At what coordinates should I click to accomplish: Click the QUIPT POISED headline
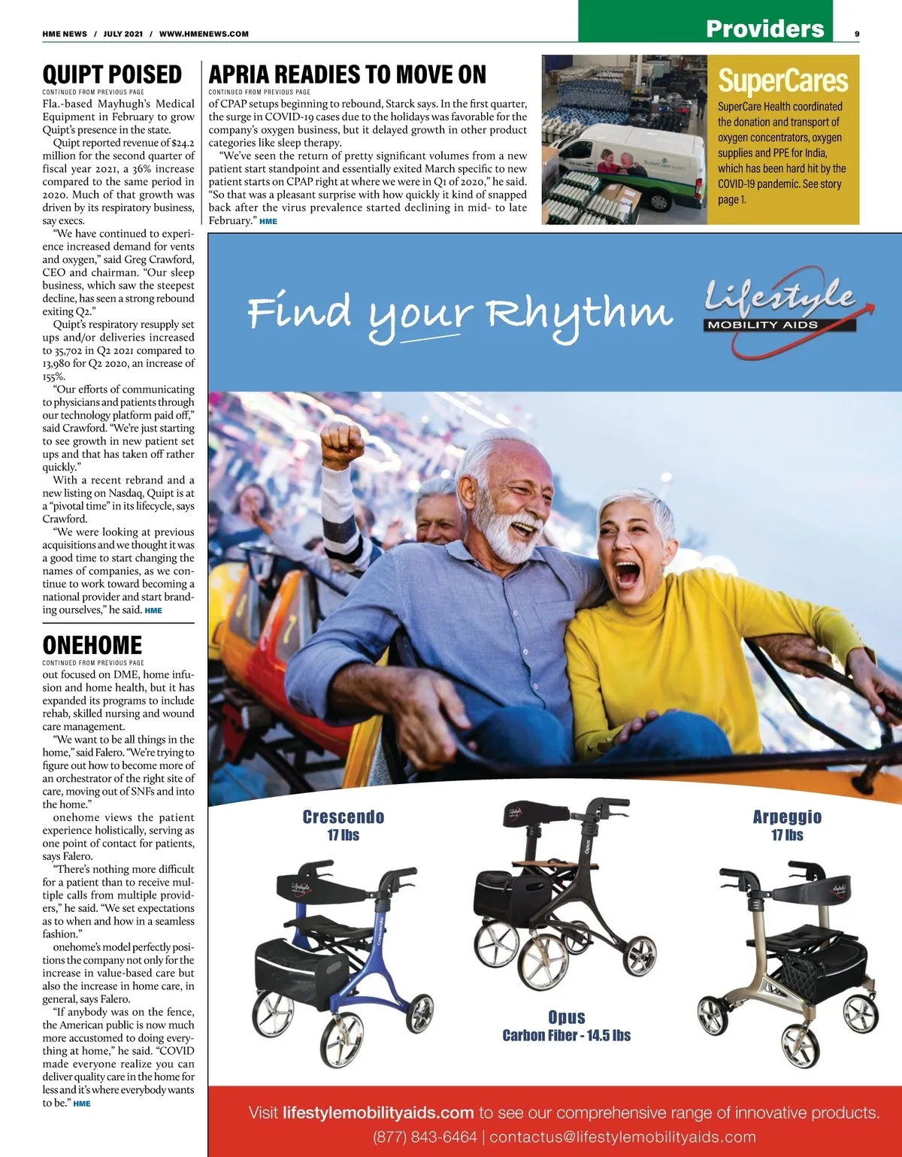pyautogui.click(x=112, y=75)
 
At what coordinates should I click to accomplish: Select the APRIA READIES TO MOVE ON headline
pyautogui.click(x=347, y=75)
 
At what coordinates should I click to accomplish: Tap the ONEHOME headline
pyautogui.click(x=92, y=645)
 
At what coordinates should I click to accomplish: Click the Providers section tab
pyautogui.click(x=764, y=29)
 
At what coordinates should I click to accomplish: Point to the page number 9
pyautogui.click(x=857, y=34)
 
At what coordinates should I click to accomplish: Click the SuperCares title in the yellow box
pyautogui.click(x=782, y=81)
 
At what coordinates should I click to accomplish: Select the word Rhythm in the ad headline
pyautogui.click(x=580, y=312)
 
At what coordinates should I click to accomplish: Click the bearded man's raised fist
pyautogui.click(x=342, y=444)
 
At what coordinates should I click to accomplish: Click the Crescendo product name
pyautogui.click(x=344, y=817)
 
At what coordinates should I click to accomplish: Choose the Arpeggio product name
pyautogui.click(x=787, y=817)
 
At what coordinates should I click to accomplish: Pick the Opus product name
pyautogui.click(x=567, y=1017)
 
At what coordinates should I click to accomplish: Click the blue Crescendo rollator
pyautogui.click(x=342, y=962)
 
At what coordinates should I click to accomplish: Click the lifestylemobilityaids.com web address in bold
pyautogui.click(x=378, y=1113)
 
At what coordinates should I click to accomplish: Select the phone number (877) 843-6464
pyautogui.click(x=425, y=1137)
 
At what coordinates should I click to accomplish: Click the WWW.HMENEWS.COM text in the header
pyautogui.click(x=204, y=34)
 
